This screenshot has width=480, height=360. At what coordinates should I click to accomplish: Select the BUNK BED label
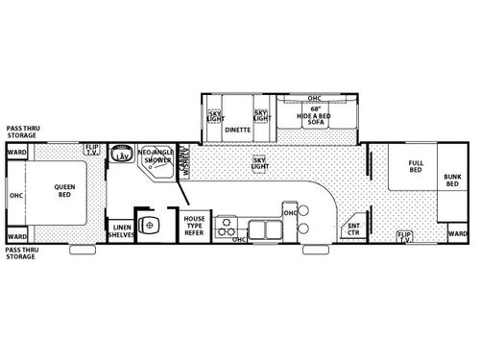tap(451, 180)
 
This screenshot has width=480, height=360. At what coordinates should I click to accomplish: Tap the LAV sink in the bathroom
tap(122, 156)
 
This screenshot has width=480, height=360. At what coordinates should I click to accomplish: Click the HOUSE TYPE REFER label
tap(195, 227)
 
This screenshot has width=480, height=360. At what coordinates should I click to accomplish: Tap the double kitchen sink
tap(262, 228)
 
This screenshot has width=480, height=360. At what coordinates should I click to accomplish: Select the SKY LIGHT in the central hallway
tap(258, 162)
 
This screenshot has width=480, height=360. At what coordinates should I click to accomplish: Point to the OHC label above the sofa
tap(314, 99)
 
